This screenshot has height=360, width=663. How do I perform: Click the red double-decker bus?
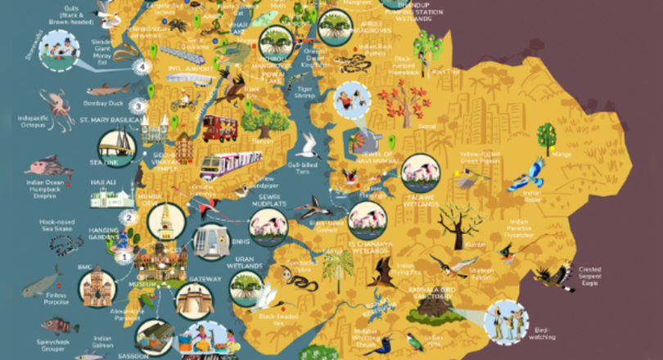point(219,128)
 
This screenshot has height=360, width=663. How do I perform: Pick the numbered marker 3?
point(139,106)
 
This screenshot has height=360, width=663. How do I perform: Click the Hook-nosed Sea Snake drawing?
point(63,244)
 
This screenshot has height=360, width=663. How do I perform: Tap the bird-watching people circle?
point(505,320)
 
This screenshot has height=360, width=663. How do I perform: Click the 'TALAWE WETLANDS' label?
point(421,199)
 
